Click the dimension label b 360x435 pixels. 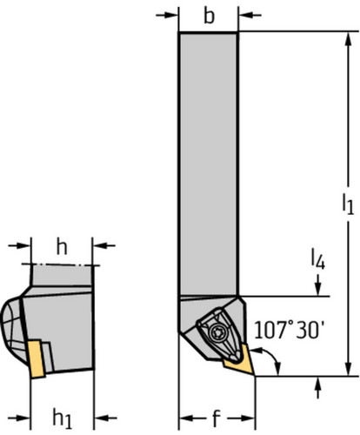click(209, 17)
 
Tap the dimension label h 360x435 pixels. click(62, 247)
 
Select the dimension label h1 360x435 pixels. click(62, 418)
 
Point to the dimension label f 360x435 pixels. click(217, 418)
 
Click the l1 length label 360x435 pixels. click(348, 204)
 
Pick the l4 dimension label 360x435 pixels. click(317, 259)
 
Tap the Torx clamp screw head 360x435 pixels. click(217, 331)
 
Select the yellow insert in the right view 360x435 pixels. click(239, 361)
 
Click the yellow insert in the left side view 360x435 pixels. click(37, 359)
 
